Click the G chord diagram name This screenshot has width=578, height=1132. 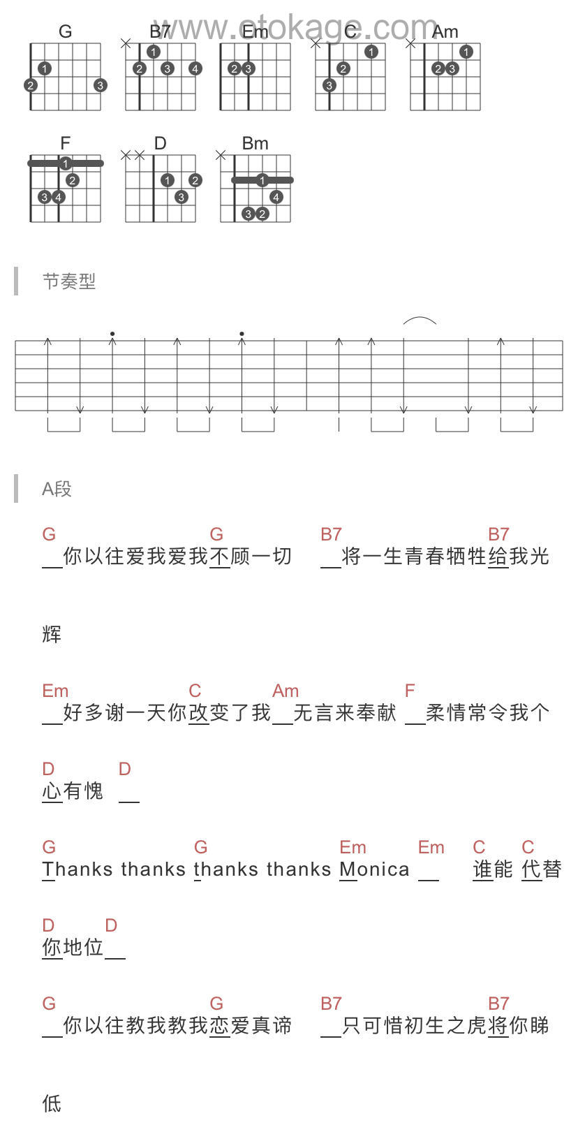pyautogui.click(x=65, y=31)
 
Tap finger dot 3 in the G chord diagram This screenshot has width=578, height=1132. pyautogui.click(x=101, y=85)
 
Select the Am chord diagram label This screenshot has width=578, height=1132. pyautogui.click(x=445, y=32)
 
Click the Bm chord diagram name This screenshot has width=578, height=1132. pyautogui.click(x=255, y=143)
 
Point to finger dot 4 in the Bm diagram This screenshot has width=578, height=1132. pyautogui.click(x=276, y=197)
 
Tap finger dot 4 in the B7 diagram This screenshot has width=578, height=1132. pyautogui.click(x=195, y=68)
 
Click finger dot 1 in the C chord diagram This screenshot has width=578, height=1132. pyautogui.click(x=371, y=52)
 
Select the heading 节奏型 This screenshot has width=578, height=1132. pyautogui.click(x=68, y=281)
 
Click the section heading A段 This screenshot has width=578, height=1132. pyautogui.click(x=57, y=489)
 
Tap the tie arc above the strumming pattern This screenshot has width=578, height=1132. pyautogui.click(x=420, y=321)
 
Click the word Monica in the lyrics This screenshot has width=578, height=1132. pyautogui.click(x=374, y=869)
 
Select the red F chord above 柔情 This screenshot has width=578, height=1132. pyautogui.click(x=410, y=691)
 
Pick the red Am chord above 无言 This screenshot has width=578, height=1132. pyautogui.click(x=286, y=691)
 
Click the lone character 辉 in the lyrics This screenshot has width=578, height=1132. pyautogui.click(x=52, y=634)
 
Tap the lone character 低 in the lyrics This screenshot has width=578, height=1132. pyautogui.click(x=52, y=1103)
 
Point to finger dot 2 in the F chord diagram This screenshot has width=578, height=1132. pyautogui.click(x=73, y=180)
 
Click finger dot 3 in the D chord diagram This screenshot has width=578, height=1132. pyautogui.click(x=181, y=197)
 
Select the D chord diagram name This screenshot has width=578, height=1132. pyautogui.click(x=160, y=143)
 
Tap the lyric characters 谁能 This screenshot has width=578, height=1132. pyautogui.click(x=493, y=869)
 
